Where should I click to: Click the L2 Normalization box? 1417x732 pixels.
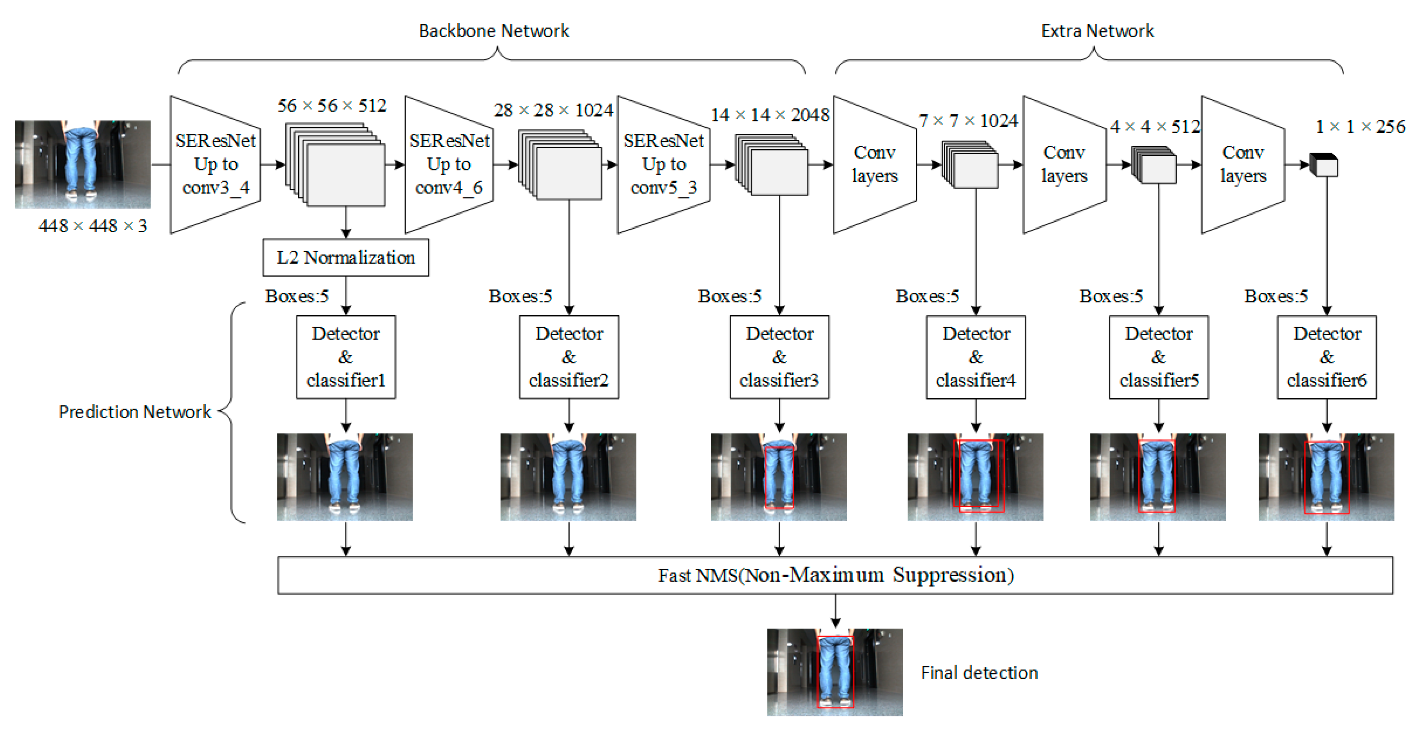(x=346, y=257)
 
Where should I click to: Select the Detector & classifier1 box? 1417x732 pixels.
(x=346, y=357)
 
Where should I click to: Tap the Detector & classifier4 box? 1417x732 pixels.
(x=975, y=357)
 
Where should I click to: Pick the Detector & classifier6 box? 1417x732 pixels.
(x=1326, y=357)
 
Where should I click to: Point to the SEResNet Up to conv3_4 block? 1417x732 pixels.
(x=215, y=164)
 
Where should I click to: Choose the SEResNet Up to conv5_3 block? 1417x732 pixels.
(x=663, y=164)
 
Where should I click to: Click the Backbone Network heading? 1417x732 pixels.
(x=493, y=31)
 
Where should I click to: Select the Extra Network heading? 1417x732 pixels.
(x=1097, y=31)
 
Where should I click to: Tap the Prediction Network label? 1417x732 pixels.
(x=135, y=412)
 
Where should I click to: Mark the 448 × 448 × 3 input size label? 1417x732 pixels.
(x=93, y=226)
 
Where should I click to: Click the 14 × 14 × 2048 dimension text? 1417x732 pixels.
(x=770, y=115)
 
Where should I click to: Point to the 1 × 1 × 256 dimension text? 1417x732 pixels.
(x=1360, y=127)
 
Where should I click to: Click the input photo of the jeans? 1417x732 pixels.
(x=83, y=164)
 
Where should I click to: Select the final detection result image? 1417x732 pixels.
(x=834, y=672)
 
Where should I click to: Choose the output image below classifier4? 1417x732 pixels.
(x=975, y=477)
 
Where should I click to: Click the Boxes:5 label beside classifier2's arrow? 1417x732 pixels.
(x=520, y=296)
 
